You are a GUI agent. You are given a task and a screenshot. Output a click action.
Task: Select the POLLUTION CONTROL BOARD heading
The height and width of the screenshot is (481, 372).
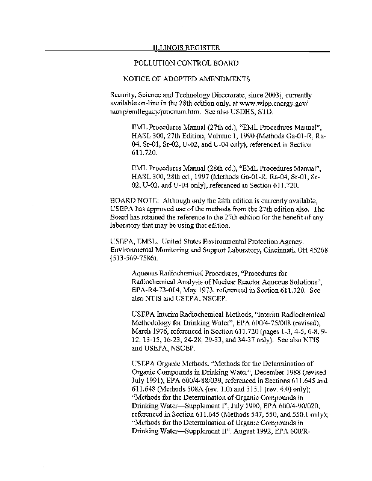[x=186, y=63]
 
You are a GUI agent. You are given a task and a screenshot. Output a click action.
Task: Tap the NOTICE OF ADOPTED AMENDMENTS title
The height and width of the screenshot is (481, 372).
[x=186, y=79]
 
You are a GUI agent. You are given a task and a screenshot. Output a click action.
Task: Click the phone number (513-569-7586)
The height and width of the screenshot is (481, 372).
[x=134, y=257]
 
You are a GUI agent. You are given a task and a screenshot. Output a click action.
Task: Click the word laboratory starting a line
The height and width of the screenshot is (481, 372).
[x=128, y=226]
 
